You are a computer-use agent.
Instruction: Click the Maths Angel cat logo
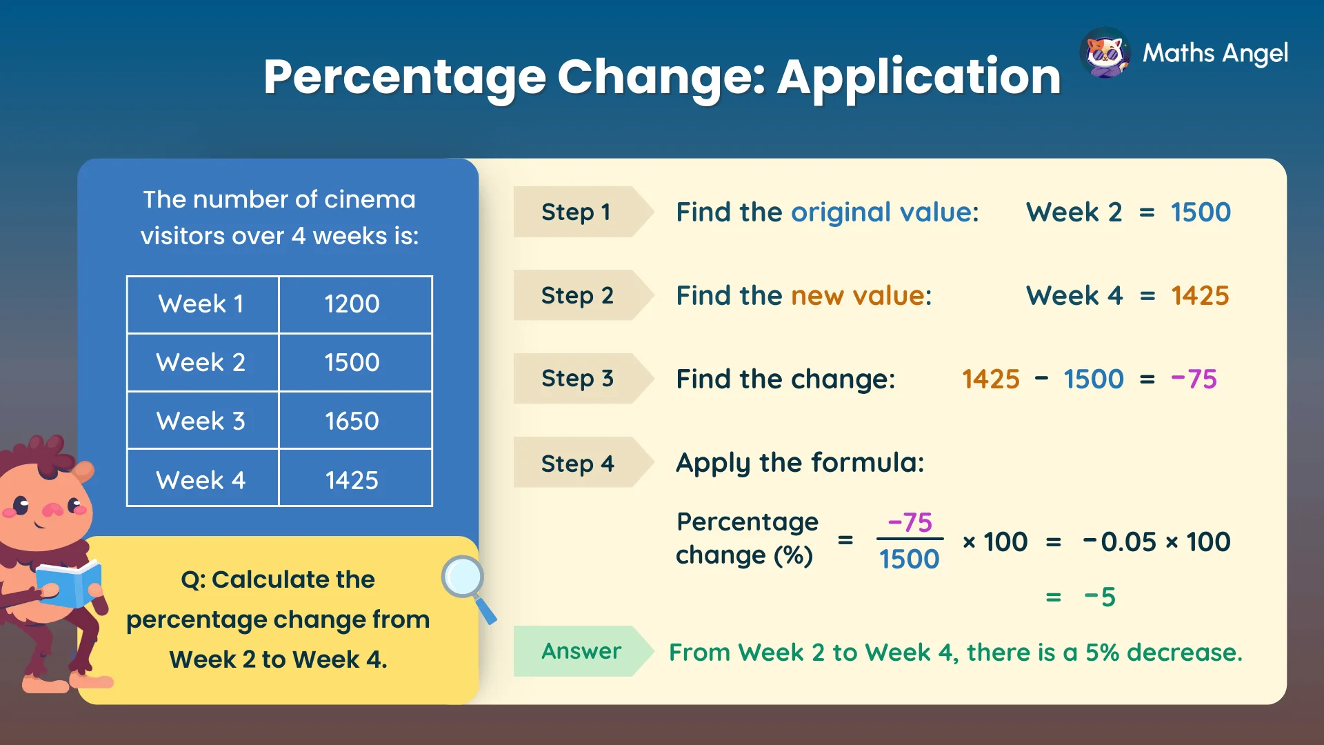(1105, 53)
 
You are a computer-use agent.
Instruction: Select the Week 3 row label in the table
(201, 421)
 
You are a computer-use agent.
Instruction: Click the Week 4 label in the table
(201, 479)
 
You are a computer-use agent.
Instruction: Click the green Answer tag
(581, 651)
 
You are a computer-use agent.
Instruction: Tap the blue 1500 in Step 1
(1201, 212)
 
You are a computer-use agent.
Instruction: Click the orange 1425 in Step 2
(1201, 295)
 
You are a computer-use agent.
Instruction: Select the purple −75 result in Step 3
(1194, 379)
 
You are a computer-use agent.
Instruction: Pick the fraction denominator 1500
(909, 559)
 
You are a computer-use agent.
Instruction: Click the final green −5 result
(1100, 597)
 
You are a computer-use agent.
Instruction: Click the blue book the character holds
(69, 584)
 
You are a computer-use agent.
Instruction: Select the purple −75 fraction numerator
(910, 522)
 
